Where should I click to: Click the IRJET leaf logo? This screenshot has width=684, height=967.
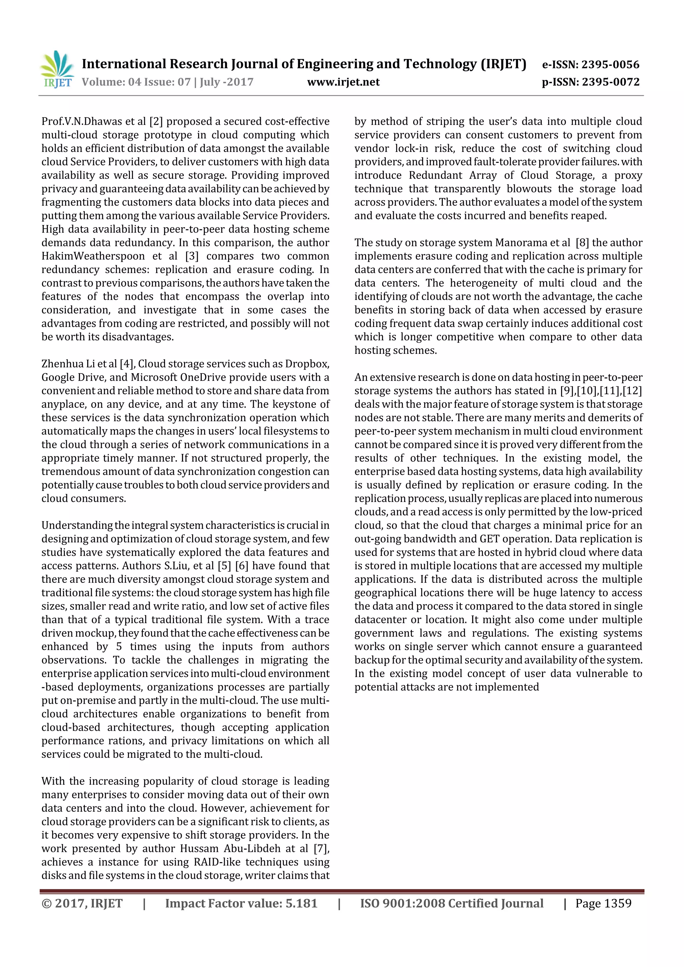pos(56,69)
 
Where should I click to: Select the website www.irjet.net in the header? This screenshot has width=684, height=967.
pos(343,82)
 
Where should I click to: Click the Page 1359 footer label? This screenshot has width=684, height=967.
pos(603,903)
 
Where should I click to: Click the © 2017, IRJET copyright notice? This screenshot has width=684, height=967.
pos(82,903)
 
